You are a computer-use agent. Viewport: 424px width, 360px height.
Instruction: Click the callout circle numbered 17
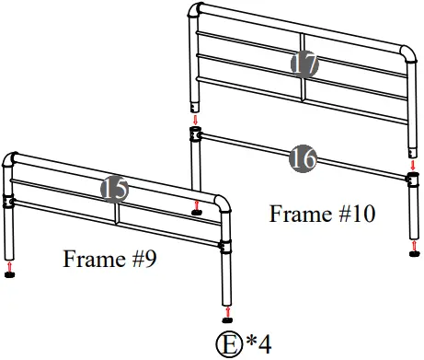coord(304,64)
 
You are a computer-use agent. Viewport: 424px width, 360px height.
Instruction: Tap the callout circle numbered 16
coord(303,157)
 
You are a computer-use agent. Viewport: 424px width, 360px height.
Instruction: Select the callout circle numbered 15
coord(115,189)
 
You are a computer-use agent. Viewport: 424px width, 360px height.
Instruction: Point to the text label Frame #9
coord(109,258)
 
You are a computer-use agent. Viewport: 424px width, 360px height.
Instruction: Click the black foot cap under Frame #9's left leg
coord(10,273)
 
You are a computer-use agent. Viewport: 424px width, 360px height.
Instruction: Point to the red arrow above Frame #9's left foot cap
coord(10,265)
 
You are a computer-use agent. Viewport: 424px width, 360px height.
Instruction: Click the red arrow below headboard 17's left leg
coord(195,119)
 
